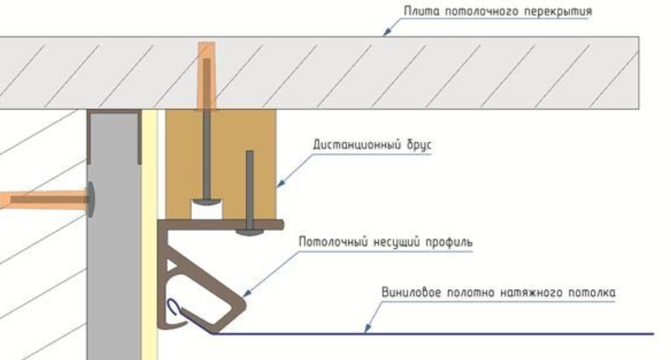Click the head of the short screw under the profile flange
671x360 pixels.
pyautogui.click(x=249, y=231)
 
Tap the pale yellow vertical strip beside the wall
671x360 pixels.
pyautogui.click(x=149, y=258)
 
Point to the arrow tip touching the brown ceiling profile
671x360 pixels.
pyautogui.click(x=246, y=297)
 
